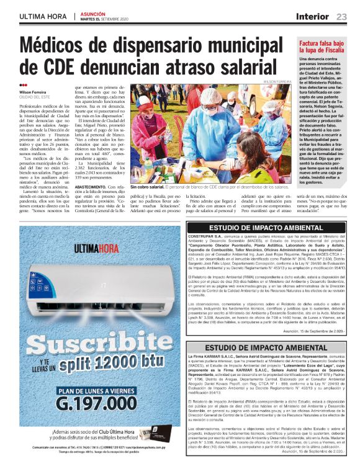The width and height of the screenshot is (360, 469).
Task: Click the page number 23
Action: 341,16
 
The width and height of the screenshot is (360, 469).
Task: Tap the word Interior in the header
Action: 312,16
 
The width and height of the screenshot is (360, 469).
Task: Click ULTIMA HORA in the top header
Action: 42,16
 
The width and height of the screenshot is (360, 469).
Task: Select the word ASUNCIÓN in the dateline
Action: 93,12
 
